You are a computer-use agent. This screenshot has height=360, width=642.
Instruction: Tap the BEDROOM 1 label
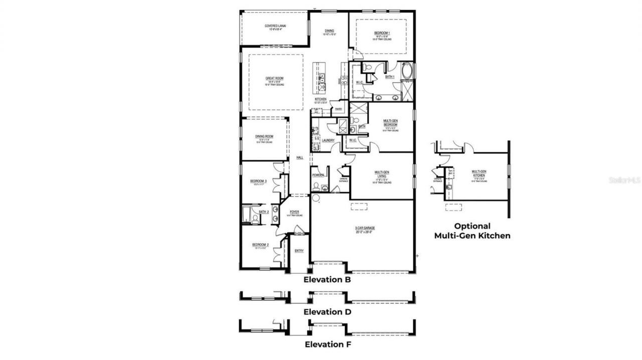coord(382,33)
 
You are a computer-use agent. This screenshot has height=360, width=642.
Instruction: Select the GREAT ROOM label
coord(274,79)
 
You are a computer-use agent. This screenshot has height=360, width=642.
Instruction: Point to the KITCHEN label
coord(321,99)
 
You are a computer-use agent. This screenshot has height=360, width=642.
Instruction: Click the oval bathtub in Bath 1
coord(406,71)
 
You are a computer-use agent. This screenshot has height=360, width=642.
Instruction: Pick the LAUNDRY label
coord(329,140)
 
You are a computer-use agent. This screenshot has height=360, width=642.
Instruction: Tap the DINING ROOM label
coord(263,136)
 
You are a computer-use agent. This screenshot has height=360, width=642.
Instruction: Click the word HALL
coord(299,157)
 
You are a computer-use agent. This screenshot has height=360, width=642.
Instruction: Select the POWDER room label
coord(318,175)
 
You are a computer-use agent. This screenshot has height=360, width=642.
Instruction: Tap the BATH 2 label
coord(264,212)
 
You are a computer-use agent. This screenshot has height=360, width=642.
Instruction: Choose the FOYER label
coord(294,212)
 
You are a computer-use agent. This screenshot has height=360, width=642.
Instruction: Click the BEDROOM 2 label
coord(260,245)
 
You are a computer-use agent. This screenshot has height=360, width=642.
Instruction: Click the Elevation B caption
coord(327,280)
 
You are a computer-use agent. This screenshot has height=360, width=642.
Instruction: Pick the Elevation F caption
coord(328,344)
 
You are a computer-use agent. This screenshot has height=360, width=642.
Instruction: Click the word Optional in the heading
coord(472,226)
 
